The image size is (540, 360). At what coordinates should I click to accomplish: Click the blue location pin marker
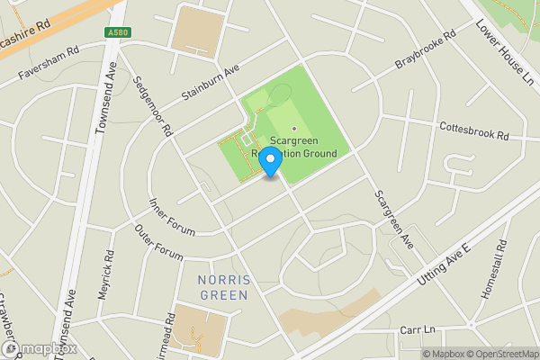[x=269, y=165]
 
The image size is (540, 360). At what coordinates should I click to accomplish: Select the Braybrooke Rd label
[x=427, y=51]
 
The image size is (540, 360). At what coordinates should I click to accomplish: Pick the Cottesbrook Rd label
[x=474, y=131]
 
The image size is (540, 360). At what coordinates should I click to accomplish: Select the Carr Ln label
[x=417, y=330]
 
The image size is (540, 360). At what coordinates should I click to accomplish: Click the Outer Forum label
[x=158, y=241]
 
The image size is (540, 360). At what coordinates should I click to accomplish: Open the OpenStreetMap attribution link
[x=496, y=354]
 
